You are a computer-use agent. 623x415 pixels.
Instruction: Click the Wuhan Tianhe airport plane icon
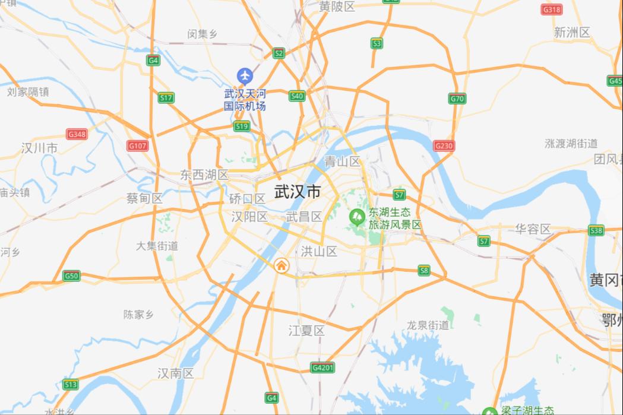(x=245, y=76)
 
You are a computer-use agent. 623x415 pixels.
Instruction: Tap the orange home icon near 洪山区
(x=281, y=265)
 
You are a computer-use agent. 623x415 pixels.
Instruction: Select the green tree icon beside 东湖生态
(x=357, y=216)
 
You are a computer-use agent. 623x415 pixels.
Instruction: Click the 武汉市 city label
(x=298, y=192)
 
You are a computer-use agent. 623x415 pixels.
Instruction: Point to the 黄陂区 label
(x=337, y=7)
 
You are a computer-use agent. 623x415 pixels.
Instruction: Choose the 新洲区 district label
(x=572, y=33)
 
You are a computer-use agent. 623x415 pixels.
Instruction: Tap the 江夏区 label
(x=306, y=330)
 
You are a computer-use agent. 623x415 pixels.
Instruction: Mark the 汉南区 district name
(x=176, y=373)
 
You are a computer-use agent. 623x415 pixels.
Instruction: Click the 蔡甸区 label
(x=144, y=198)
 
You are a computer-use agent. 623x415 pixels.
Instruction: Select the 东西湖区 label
(x=204, y=175)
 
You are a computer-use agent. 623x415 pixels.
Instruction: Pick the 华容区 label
(x=533, y=229)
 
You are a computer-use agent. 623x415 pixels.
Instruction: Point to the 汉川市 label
(x=39, y=148)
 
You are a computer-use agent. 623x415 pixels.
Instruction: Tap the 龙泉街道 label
(x=428, y=325)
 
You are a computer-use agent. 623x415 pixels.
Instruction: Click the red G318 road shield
(x=552, y=9)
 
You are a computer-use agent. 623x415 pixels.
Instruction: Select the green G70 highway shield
(x=457, y=99)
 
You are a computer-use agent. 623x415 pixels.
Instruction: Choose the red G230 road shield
(x=444, y=145)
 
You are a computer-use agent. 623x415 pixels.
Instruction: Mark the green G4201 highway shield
(x=323, y=368)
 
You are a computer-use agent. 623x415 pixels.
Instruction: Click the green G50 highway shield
(x=71, y=275)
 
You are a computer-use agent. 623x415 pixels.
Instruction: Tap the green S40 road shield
(x=297, y=96)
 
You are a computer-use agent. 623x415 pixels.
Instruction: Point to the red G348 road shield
(x=77, y=134)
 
